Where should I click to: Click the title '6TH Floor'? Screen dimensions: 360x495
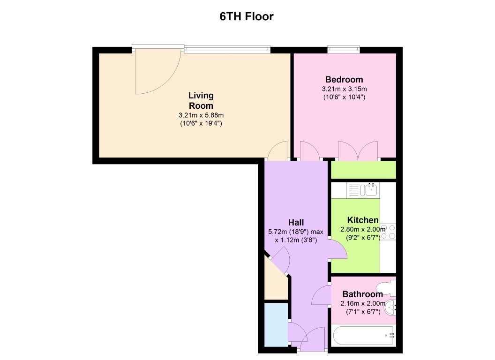247,16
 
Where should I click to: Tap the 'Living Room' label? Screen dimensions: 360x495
201,100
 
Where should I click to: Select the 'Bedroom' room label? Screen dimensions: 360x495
344,79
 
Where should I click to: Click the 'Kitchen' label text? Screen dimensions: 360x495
362,220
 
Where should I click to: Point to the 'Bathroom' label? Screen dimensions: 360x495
362,294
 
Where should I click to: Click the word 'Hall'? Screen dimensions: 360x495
296,222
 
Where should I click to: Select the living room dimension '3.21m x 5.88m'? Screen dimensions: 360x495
201,115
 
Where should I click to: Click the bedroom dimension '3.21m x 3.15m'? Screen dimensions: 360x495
344,89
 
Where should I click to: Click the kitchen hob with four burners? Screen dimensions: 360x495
388,232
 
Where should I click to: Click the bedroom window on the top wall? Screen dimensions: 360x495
344,49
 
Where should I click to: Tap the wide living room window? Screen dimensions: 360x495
227,49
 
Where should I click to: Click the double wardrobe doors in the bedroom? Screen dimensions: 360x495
357,151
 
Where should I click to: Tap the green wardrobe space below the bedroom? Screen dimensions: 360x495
363,170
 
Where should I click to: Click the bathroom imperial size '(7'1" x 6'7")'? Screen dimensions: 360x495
362,312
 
